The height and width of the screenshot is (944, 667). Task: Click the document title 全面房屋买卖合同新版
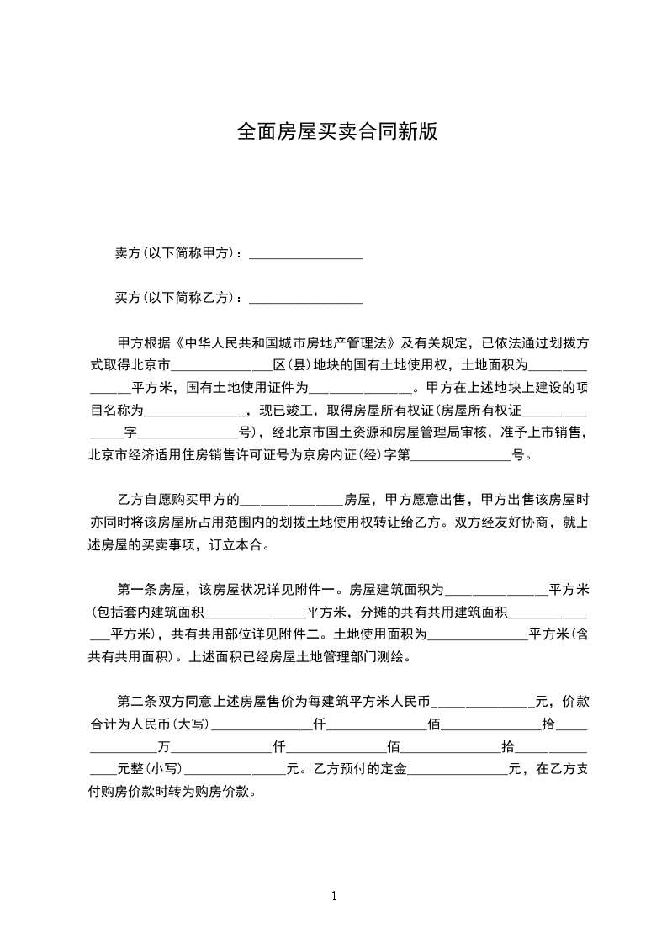pyautogui.click(x=336, y=132)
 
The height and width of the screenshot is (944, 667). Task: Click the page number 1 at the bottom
pyautogui.click(x=334, y=896)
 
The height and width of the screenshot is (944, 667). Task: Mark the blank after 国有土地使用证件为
pyautogui.click(x=362, y=390)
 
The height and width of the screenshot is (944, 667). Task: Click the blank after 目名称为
pyautogui.click(x=194, y=412)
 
